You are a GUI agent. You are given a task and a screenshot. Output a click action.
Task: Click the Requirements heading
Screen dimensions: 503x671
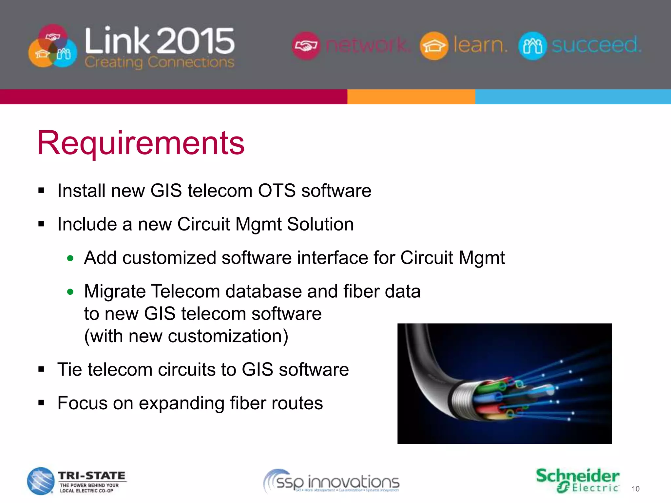(x=141, y=143)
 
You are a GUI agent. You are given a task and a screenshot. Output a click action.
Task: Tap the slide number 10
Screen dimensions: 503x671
(x=635, y=489)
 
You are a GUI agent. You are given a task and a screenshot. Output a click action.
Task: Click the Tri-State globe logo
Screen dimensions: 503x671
(x=41, y=481)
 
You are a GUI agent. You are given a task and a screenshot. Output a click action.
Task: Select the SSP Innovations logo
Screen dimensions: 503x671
(x=332, y=482)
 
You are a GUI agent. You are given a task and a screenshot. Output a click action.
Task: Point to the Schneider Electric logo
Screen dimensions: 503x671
(x=577, y=480)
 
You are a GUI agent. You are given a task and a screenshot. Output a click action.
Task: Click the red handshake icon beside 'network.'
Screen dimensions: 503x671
(x=305, y=46)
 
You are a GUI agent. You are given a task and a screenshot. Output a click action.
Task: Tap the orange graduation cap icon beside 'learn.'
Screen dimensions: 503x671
(x=434, y=46)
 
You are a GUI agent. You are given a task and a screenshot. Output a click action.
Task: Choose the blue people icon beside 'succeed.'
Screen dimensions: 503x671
(x=532, y=46)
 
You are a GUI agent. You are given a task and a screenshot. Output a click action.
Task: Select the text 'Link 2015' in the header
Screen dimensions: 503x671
(x=160, y=41)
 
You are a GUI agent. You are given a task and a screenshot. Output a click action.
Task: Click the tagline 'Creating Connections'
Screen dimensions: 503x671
(x=160, y=62)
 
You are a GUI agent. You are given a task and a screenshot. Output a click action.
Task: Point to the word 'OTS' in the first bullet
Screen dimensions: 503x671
(x=277, y=191)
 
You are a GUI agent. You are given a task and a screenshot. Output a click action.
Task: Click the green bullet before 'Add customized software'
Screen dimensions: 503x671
(x=70, y=258)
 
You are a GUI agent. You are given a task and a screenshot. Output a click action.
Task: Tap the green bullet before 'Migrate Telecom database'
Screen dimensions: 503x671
(x=70, y=292)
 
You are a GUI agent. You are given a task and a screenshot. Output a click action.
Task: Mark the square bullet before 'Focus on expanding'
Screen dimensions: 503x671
(x=41, y=403)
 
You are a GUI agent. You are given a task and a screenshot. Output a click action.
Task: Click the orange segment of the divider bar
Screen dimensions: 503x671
(x=411, y=97)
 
